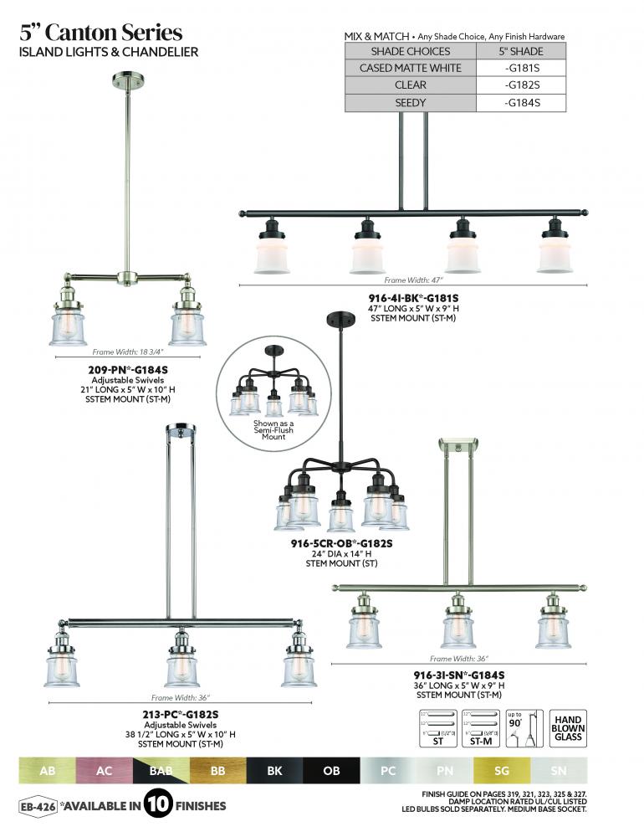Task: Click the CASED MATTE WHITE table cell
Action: point(410,68)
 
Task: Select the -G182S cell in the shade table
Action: point(523,85)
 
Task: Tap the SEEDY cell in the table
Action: point(410,103)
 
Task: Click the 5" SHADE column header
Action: point(523,50)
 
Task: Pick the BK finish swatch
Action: point(274,770)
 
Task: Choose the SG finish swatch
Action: point(502,770)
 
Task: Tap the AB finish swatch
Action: point(48,770)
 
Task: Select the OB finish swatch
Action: point(331,770)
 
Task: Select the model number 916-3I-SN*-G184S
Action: point(458,675)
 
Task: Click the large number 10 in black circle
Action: point(158,806)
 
